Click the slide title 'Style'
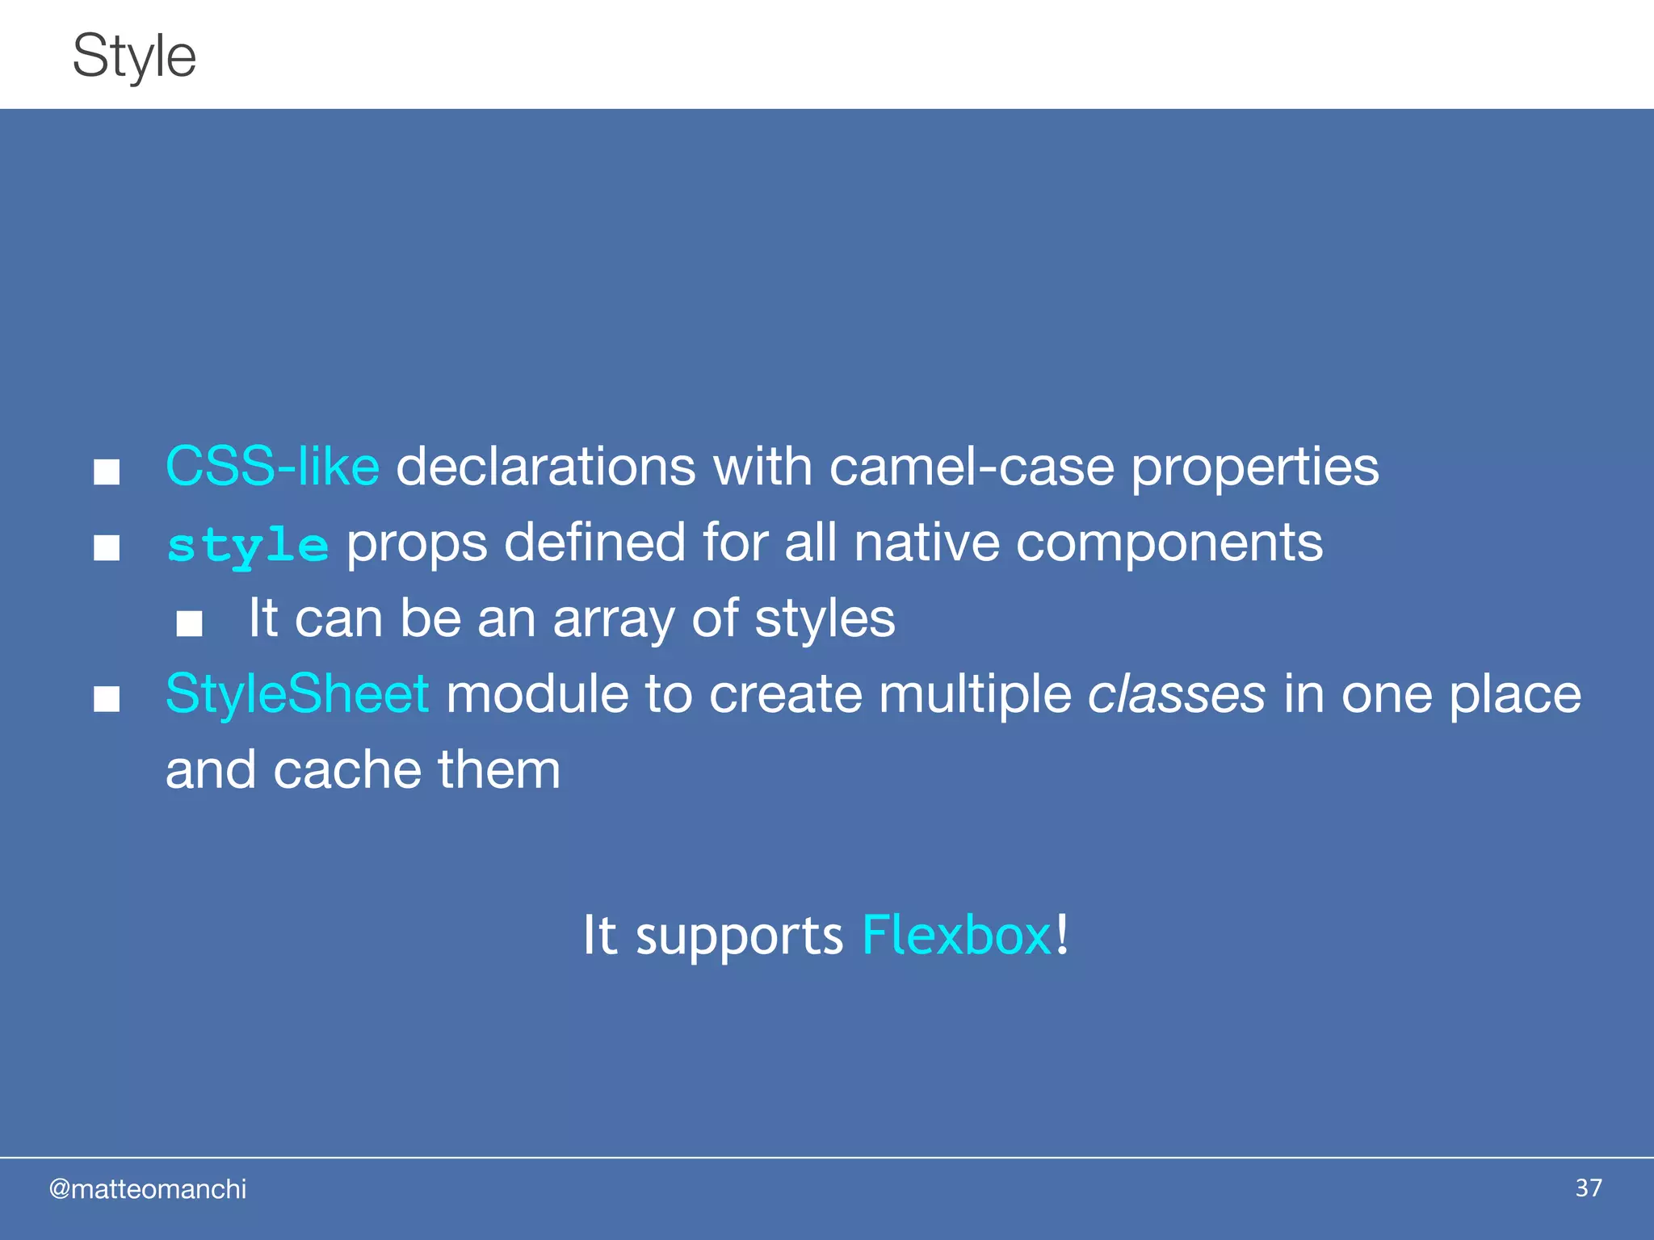pos(134,57)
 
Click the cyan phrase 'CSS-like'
pos(272,467)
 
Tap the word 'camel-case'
pos(972,467)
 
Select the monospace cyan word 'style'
pos(247,546)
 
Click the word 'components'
pos(1169,542)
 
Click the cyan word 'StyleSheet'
pos(296,694)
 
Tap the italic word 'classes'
pos(1176,694)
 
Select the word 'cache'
pos(346,770)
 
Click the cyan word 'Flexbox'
pos(956,936)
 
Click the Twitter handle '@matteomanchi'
pos(148,1189)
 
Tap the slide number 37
pos(1588,1188)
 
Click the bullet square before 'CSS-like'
pos(107,471)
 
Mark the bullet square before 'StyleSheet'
pos(107,699)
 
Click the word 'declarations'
pos(545,467)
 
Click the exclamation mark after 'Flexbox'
pos(1062,934)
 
